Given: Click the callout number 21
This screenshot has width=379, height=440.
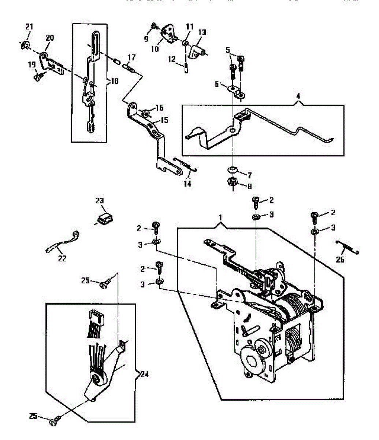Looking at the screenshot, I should tap(29, 26).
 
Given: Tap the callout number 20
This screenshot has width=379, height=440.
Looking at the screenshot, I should tap(49, 38).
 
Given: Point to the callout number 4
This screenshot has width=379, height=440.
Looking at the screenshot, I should tap(298, 96).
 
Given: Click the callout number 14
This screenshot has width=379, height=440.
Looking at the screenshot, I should tap(187, 184).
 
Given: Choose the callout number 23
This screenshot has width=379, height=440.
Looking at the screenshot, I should tap(100, 201).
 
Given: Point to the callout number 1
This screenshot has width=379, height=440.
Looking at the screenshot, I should tap(221, 218).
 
